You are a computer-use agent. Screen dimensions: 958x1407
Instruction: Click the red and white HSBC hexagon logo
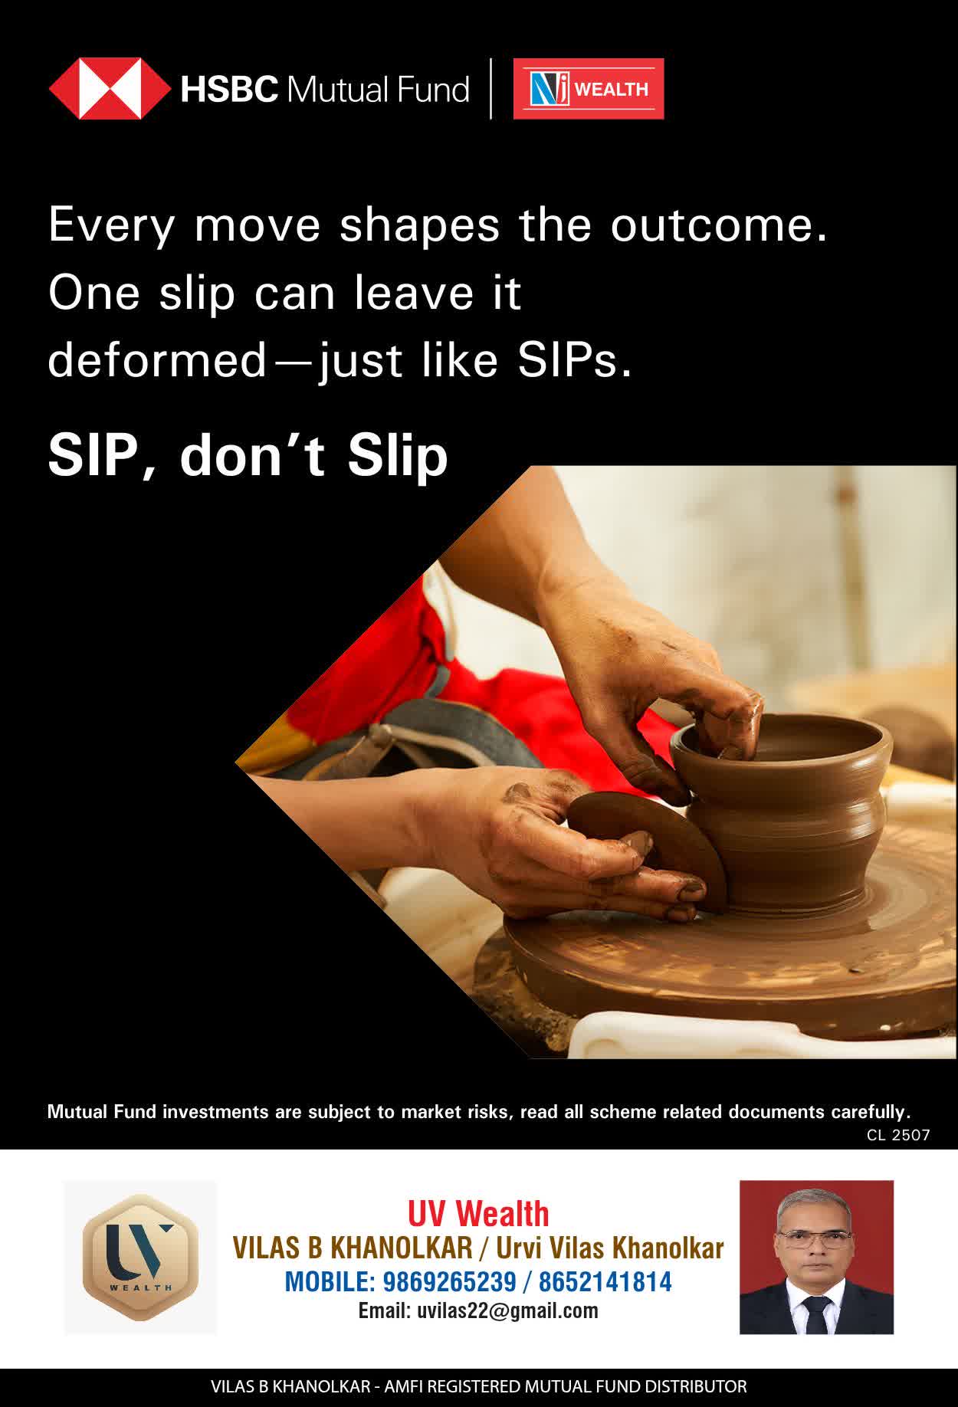(109, 89)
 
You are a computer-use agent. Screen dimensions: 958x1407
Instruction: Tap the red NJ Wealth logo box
(588, 89)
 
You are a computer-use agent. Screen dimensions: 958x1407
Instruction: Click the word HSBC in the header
(229, 90)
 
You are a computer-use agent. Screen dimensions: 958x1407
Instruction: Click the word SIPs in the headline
(575, 360)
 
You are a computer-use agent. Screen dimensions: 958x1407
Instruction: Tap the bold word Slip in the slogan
(398, 457)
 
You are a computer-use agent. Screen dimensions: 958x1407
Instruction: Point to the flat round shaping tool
(648, 847)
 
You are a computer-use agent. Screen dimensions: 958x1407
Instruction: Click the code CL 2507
(898, 1135)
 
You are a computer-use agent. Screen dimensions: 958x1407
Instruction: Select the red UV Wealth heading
(478, 1215)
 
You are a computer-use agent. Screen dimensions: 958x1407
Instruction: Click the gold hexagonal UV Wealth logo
(140, 1258)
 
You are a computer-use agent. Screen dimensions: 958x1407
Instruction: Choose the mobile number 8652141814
(605, 1281)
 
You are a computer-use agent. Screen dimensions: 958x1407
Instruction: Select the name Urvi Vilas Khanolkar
(609, 1248)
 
